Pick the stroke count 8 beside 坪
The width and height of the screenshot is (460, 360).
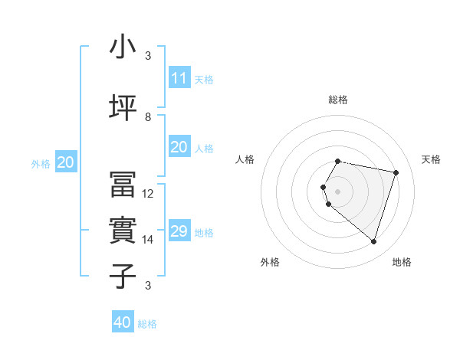click(148, 117)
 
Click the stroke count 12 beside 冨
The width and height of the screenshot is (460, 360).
click(149, 194)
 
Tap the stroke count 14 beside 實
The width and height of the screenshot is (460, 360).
click(149, 240)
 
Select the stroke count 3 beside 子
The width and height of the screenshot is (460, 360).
click(148, 286)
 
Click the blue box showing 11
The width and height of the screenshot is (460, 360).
click(179, 78)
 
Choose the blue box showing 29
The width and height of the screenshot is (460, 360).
click(179, 231)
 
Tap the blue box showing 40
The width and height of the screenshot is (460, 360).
click(123, 322)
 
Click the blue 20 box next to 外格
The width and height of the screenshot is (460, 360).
click(66, 162)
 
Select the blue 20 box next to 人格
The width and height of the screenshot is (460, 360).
click(179, 147)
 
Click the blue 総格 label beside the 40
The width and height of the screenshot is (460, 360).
click(147, 324)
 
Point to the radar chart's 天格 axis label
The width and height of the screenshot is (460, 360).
click(431, 159)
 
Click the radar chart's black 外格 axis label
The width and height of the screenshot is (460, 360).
click(270, 262)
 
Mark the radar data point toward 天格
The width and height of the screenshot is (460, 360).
click(396, 172)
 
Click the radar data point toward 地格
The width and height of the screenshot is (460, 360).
click(373, 242)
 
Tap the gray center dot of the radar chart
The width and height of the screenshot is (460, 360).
click(337, 191)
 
